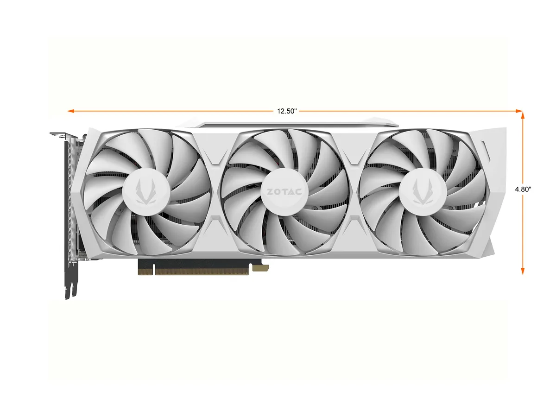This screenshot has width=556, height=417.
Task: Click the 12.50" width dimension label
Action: pyautogui.click(x=286, y=111)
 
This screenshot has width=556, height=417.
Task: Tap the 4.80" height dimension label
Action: pyautogui.click(x=523, y=189)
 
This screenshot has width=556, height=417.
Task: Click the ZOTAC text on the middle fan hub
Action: pyautogui.click(x=284, y=192)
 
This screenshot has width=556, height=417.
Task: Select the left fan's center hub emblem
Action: pyautogui.click(x=145, y=191)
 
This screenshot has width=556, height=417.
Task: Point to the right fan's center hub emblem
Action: pyautogui.click(x=423, y=191)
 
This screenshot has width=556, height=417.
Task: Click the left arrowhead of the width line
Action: pyautogui.click(x=70, y=111)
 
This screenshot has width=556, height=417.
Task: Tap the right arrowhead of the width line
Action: pyautogui.click(x=519, y=111)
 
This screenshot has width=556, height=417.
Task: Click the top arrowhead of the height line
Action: pyautogui.click(x=522, y=115)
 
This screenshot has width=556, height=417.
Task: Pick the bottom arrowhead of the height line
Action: pyautogui.click(x=522, y=271)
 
